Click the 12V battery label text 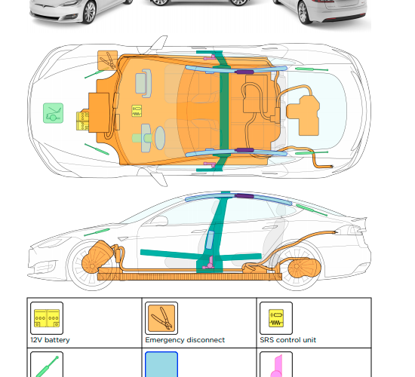(x=50, y=340)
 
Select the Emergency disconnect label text (x=185, y=340)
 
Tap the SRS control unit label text (x=288, y=340)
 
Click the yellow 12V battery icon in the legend (x=47, y=318)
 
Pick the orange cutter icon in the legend (x=161, y=318)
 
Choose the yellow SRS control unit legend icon (x=276, y=318)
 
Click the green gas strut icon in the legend (x=47, y=366)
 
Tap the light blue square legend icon (x=161, y=365)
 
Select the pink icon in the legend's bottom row (x=277, y=366)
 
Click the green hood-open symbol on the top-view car (x=54, y=113)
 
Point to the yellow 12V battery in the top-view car (x=82, y=121)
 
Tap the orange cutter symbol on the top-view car (x=108, y=60)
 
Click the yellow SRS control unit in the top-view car (x=137, y=111)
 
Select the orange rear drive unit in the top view (x=303, y=115)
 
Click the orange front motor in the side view (x=97, y=257)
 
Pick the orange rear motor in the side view (x=304, y=268)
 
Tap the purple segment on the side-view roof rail (x=244, y=196)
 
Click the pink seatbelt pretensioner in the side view (x=208, y=263)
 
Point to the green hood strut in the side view (x=97, y=232)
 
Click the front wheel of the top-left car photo (x=89, y=12)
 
